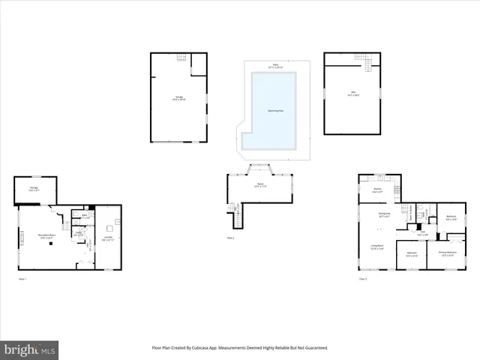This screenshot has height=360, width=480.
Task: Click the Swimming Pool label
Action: coord(275,110)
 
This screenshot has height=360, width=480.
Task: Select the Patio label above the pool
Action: coord(275,66)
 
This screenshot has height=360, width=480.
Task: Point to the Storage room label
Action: coord(34,189)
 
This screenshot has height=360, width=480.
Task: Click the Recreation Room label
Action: coord(46,235)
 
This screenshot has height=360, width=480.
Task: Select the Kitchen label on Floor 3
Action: coord(378,191)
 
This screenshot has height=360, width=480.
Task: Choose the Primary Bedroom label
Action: coord(448,253)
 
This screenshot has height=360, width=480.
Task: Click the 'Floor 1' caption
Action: coord(22,279)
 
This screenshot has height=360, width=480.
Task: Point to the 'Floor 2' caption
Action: coord(231,238)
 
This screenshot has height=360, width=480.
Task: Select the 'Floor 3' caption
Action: coord(362,279)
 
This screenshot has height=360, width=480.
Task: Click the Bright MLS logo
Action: coord(30,349)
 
